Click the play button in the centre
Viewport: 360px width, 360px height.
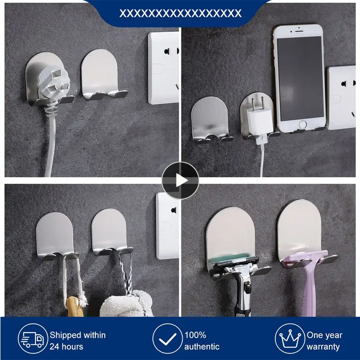point(180,180)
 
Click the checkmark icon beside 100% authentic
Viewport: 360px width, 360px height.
point(166,341)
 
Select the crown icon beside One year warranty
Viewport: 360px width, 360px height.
point(289,341)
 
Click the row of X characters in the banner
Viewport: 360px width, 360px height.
point(180,13)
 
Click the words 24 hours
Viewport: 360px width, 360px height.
point(66,346)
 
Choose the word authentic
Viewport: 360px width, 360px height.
point(202,346)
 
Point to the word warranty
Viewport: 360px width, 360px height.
point(323,346)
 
